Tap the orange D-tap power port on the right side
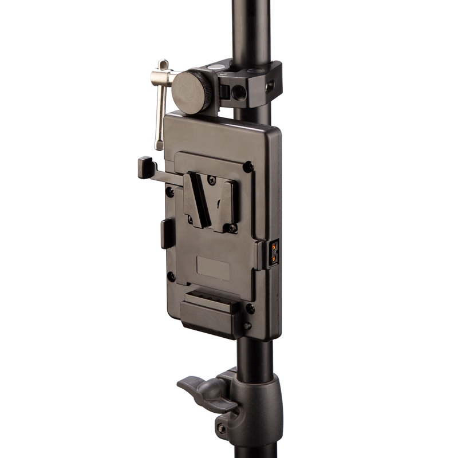pyautogui.click(x=275, y=252)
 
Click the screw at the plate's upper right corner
pyautogui.click(x=248, y=167)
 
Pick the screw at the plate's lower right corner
pyautogui.click(x=250, y=309)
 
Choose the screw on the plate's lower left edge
pyautogui.click(x=171, y=277)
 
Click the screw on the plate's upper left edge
pyautogui.click(x=170, y=192)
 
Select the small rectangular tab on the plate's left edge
pyautogui.click(x=165, y=234)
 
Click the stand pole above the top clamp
pyautogui.click(x=252, y=29)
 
